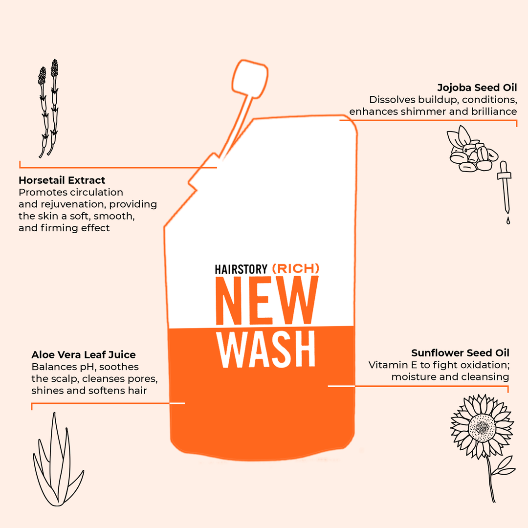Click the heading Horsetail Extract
pyautogui.click(x=62, y=180)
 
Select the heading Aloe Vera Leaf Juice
pyautogui.click(x=84, y=354)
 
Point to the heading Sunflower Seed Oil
pyautogui.click(x=460, y=353)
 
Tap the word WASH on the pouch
pyautogui.click(x=266, y=351)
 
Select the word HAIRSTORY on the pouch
pyautogui.click(x=241, y=269)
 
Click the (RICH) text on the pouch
pyautogui.click(x=295, y=268)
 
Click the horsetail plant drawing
pyautogui.click(x=48, y=108)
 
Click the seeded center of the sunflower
pyautogui.click(x=482, y=427)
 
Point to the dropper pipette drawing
pyautogui.click(x=505, y=188)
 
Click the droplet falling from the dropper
pyautogui.click(x=508, y=221)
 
